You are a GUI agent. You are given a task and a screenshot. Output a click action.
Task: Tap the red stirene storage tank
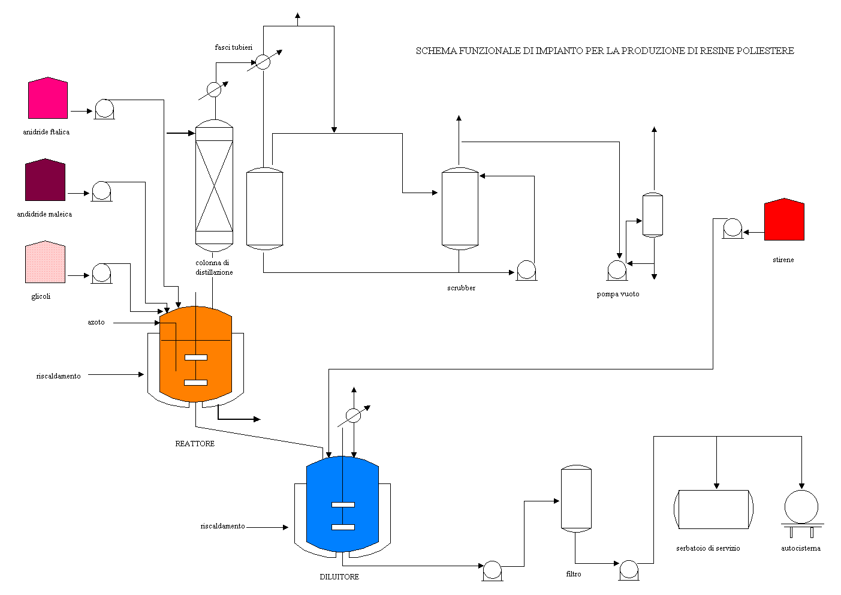click(x=784, y=220)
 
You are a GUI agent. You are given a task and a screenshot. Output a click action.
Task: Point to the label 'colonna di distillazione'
click(x=213, y=268)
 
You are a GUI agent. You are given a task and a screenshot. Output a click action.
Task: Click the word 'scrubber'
click(x=461, y=288)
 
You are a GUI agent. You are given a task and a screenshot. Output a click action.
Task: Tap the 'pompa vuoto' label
click(x=617, y=294)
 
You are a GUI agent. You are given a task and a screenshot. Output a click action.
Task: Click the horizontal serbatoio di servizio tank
click(x=713, y=509)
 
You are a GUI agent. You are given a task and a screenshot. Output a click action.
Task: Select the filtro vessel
click(x=576, y=499)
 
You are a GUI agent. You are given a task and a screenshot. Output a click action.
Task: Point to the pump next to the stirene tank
click(x=732, y=228)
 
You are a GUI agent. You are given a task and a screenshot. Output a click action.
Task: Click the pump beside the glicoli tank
click(x=101, y=273)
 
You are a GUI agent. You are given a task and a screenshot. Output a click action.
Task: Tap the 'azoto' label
click(x=96, y=323)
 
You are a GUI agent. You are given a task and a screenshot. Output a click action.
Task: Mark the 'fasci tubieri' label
click(x=234, y=47)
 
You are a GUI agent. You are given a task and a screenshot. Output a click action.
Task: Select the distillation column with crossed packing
click(x=214, y=186)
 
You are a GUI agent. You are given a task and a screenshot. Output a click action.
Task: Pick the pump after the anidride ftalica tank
click(x=104, y=109)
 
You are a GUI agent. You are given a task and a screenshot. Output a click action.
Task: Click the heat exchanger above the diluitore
click(x=354, y=415)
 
